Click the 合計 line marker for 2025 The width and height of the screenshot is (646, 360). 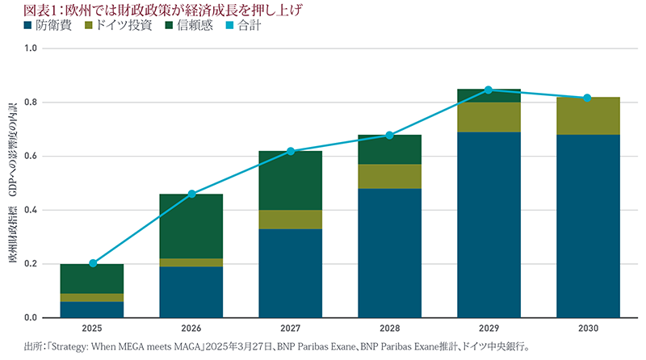92,263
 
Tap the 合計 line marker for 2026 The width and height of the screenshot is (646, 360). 191,194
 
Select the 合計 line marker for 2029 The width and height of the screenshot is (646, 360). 489,90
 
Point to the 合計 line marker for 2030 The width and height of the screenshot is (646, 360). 588,98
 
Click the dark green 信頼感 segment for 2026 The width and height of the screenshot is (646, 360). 191,226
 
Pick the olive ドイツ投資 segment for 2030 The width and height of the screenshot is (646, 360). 588,116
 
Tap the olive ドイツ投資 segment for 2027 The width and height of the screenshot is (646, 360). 291,220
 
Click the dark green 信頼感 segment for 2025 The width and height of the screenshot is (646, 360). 92,278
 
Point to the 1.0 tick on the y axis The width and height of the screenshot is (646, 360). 31,48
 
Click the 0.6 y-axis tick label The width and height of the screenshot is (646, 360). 31,157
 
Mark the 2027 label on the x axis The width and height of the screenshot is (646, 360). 291,329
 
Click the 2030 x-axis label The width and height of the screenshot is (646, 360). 588,329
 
